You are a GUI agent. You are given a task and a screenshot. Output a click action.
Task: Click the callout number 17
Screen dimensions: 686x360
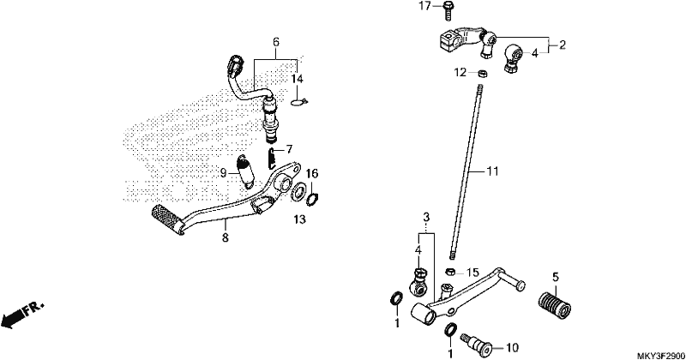pos(424,6)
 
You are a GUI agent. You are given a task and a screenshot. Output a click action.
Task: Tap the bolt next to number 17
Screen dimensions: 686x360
pos(448,10)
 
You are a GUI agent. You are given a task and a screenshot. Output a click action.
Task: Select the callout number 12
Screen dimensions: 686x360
pos(460,72)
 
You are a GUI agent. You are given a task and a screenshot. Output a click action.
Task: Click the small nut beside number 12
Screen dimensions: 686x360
pos(482,73)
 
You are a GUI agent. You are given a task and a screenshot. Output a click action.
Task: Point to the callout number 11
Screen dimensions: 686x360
pos(492,171)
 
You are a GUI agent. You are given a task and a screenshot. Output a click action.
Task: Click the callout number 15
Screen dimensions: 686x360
pos(473,273)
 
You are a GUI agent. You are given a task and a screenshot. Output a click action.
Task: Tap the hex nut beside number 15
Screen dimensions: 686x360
pos(450,272)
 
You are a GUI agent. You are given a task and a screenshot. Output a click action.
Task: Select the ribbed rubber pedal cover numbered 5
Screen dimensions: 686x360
pos(555,305)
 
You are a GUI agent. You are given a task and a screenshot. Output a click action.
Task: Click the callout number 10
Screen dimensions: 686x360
pos(512,348)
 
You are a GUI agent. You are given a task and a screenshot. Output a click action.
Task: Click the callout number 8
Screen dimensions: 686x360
pos(225,237)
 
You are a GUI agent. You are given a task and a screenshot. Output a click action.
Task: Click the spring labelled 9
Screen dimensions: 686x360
pos(245,171)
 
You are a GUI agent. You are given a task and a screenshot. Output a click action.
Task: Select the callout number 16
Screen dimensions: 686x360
pos(312,174)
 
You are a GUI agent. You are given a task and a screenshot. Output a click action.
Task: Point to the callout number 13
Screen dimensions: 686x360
pos(299,219)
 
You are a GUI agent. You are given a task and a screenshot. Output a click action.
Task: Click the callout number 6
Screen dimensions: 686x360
pos(276,43)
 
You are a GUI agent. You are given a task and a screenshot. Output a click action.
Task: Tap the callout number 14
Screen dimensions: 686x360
pos(297,79)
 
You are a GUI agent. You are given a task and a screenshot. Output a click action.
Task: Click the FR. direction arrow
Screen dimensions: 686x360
pos(23,314)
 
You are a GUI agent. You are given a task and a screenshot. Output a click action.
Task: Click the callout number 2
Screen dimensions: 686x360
pos(563,45)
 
